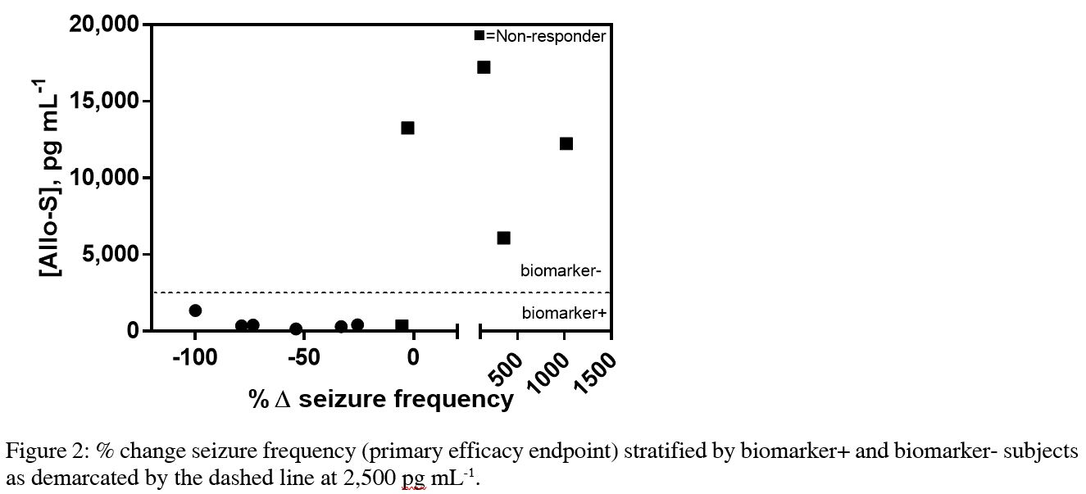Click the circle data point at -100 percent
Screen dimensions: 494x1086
click(x=195, y=310)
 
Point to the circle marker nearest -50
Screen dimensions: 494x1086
click(x=296, y=329)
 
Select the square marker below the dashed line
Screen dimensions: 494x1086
click(x=402, y=325)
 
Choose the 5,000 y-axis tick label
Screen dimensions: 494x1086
click(x=111, y=255)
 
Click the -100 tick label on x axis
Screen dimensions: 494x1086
click(x=195, y=358)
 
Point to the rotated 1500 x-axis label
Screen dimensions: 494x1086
click(x=593, y=375)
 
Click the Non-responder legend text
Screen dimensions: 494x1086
click(x=546, y=36)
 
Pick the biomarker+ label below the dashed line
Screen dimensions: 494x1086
click(x=564, y=312)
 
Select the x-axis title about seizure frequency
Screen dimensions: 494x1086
click(x=382, y=399)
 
